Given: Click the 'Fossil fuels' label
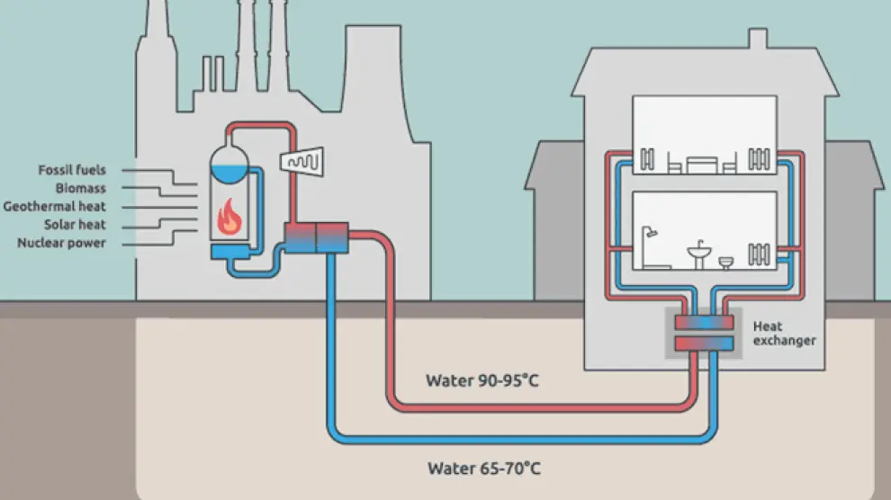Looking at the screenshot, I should click(72, 170).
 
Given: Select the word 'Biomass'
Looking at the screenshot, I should click(80, 188).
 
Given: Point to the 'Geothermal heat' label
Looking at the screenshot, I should click(55, 206).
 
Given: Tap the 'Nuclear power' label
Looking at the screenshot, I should click(61, 243).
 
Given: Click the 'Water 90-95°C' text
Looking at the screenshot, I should click(482, 380).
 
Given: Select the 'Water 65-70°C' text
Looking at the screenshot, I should click(484, 468).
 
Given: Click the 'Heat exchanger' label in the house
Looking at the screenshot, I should click(784, 334).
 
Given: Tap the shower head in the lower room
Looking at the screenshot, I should click(650, 234).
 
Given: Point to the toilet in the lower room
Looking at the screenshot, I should click(726, 262).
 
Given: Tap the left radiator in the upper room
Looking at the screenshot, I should click(647, 161).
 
